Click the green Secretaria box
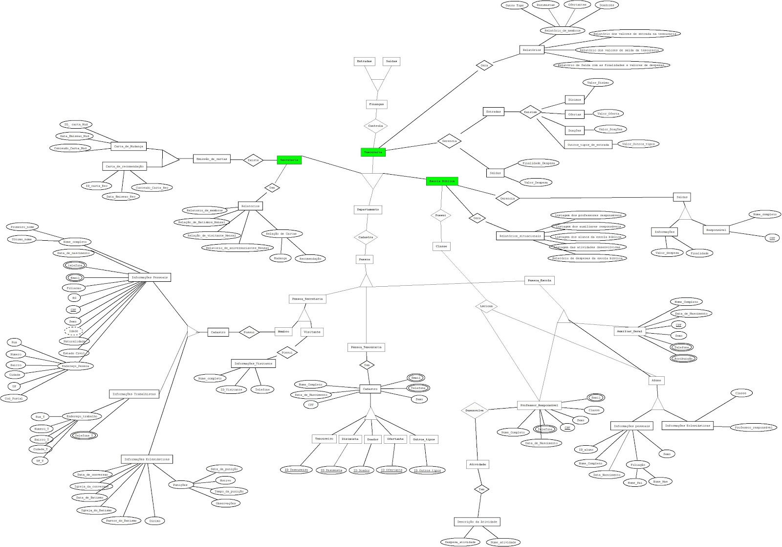coord(289,160)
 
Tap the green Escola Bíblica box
coord(442,181)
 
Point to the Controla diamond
coord(375,126)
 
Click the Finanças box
coord(376,104)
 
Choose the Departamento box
coord(368,209)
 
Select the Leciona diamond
coord(486,306)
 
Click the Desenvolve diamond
coord(475,410)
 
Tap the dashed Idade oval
coord(74,331)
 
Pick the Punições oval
coord(180,485)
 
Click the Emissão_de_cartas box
coord(211,159)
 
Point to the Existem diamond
coord(530,112)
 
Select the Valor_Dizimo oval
coord(598,83)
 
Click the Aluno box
coord(656,380)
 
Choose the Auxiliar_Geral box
coord(630,331)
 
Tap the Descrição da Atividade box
coord(477,522)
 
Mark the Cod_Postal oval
coord(14,398)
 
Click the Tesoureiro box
coord(324,439)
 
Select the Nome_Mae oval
coord(660,481)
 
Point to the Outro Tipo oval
coord(515,5)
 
